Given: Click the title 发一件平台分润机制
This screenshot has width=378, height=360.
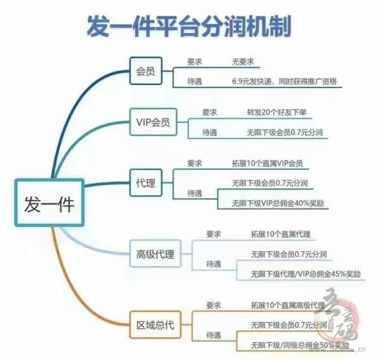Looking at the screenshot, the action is [x=189, y=26].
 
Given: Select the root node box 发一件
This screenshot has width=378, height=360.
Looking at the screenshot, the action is [x=49, y=203].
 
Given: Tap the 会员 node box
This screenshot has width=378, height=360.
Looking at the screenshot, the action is [x=146, y=71].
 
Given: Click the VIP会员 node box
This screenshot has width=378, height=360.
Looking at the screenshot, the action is [x=153, y=122].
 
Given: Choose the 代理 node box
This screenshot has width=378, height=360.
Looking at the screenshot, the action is [x=146, y=182].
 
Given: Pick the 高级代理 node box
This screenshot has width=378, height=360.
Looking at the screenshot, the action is [x=155, y=253].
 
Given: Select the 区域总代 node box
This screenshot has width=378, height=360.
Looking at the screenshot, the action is [x=155, y=325].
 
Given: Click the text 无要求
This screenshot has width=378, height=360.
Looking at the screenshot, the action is [x=243, y=61].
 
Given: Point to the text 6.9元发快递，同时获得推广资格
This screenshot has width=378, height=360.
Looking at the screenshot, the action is [x=284, y=81].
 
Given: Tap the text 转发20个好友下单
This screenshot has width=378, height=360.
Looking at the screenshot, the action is [x=277, y=112].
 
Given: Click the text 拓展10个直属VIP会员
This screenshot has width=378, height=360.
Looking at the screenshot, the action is [x=267, y=163].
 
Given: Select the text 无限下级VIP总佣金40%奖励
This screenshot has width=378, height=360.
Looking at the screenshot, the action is [x=278, y=203].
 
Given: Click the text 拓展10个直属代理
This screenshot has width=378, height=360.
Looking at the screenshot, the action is [x=281, y=234].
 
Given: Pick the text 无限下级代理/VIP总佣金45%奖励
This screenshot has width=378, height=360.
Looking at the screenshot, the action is [x=306, y=274].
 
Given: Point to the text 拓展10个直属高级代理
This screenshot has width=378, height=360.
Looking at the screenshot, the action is [x=288, y=305].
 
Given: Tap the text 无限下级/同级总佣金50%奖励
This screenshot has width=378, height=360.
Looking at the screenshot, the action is [x=300, y=345].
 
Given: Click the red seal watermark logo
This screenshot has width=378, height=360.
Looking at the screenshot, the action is [x=339, y=317].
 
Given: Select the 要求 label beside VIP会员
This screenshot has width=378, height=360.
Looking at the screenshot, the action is [x=209, y=112].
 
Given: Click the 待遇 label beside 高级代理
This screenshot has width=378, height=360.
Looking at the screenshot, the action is [x=213, y=264].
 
